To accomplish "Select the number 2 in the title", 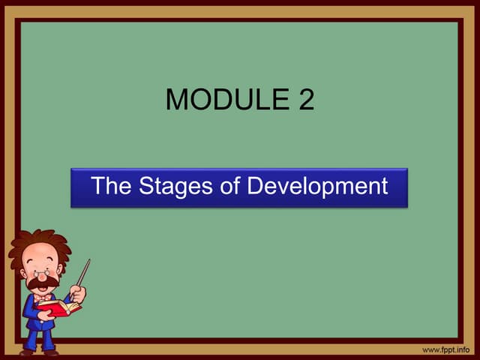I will pyautogui.click(x=304, y=100).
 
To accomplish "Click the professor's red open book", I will pyautogui.click(x=58, y=307).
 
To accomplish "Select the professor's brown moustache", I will pyautogui.click(x=42, y=283).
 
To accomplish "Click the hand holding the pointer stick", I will pyautogui.click(x=78, y=294).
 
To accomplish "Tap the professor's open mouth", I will pyautogui.click(x=43, y=289).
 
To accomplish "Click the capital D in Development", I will pyautogui.click(x=256, y=186).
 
